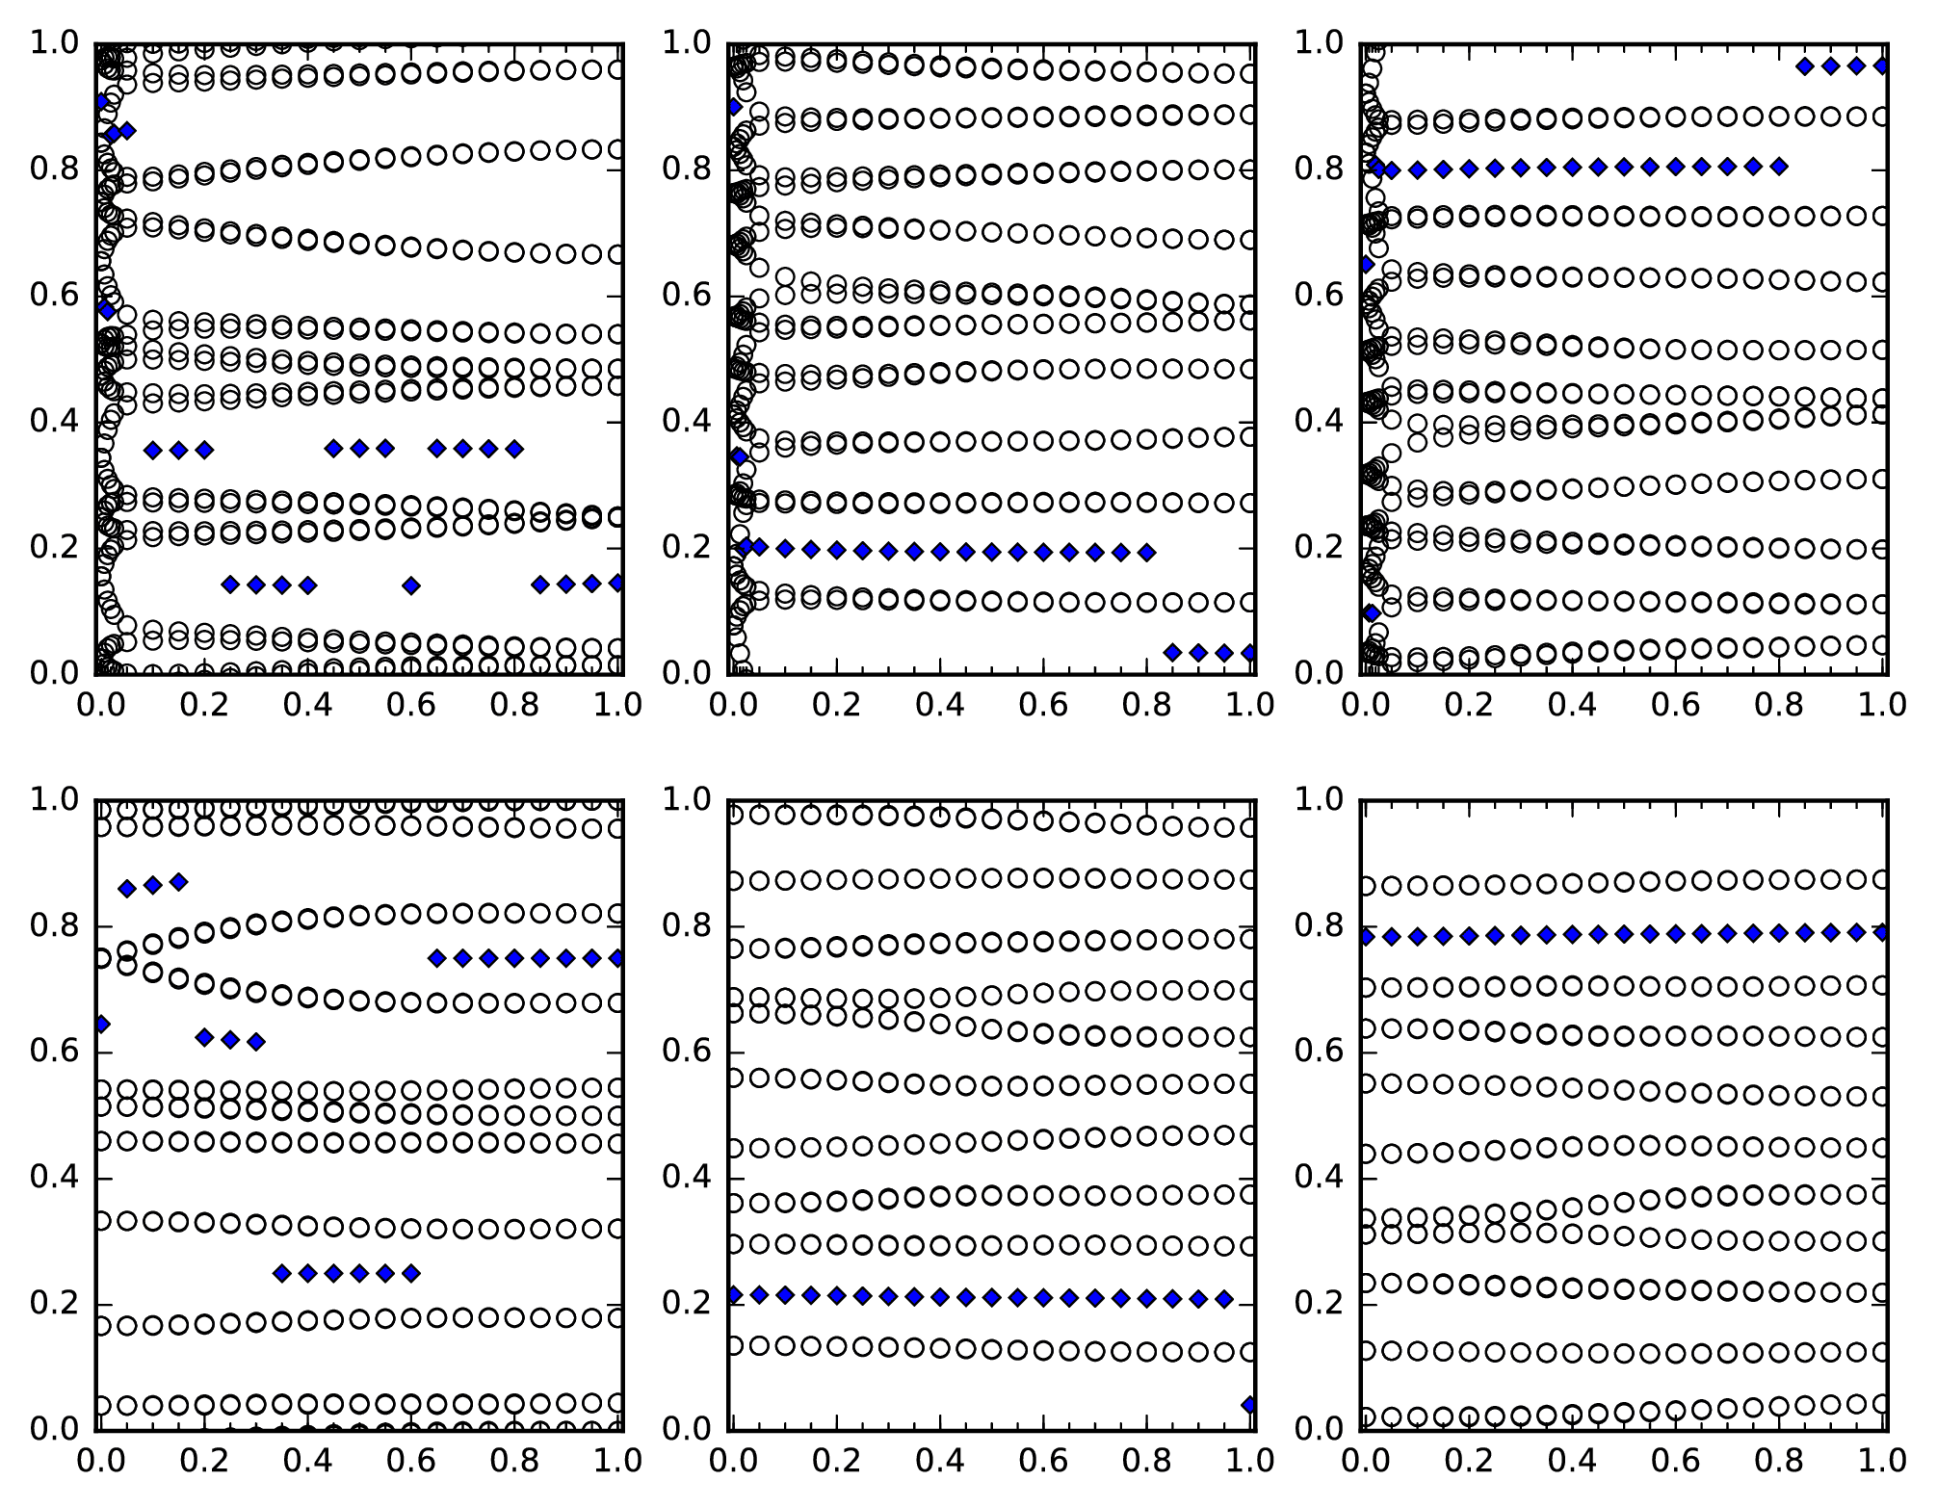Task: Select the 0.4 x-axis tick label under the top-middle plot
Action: [x=939, y=706]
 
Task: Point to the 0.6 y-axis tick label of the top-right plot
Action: [x=1321, y=296]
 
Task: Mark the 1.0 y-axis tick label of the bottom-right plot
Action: [x=1321, y=799]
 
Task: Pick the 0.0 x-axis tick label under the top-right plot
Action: [x=1363, y=706]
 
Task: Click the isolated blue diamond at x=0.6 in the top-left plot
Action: [x=411, y=585]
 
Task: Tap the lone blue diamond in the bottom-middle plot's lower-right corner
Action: [x=1250, y=1405]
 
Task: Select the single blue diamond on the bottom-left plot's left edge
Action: [x=101, y=1024]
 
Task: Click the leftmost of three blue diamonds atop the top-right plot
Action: [x=1805, y=66]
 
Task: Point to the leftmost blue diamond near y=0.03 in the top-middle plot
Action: [x=1172, y=653]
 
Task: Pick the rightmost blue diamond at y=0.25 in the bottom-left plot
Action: [x=411, y=1273]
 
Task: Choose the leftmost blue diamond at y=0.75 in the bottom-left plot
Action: [x=437, y=958]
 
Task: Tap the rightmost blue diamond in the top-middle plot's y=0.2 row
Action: [x=1146, y=553]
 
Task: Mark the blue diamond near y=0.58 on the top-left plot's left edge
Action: [x=106, y=309]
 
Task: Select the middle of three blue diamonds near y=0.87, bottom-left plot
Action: [x=152, y=885]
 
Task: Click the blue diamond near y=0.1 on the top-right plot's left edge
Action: [x=1372, y=612]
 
